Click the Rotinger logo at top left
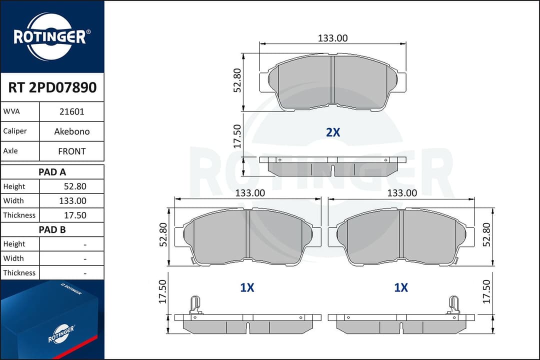(52, 36)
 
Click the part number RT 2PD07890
(52, 88)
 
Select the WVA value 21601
(71, 112)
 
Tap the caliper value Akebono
(71, 131)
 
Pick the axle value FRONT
(71, 151)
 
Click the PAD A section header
(52, 172)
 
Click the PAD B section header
(52, 230)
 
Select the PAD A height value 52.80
(74, 186)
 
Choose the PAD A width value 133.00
(73, 201)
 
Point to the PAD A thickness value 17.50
(74, 215)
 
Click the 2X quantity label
(333, 132)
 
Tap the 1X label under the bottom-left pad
(247, 287)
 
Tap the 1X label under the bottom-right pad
(401, 287)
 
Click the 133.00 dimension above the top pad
(332, 38)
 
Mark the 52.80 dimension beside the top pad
(238, 80)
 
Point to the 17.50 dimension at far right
(487, 291)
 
